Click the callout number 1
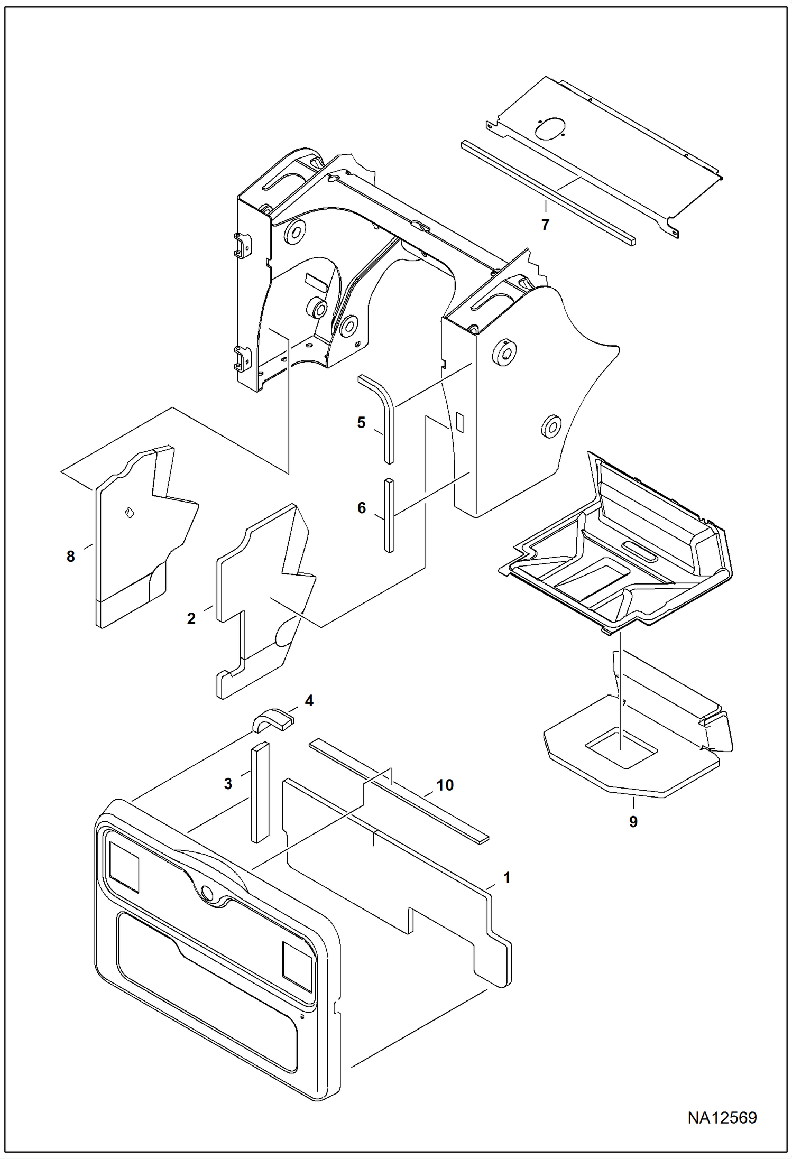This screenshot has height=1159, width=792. (x=506, y=878)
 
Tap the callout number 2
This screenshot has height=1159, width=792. (x=191, y=619)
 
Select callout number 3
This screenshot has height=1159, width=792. (x=228, y=784)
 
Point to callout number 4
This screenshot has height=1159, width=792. (x=309, y=701)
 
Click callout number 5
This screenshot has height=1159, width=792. (x=361, y=423)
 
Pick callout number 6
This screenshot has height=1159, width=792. (x=362, y=508)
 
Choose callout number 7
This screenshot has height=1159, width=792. (x=545, y=225)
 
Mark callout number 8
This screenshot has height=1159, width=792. (x=71, y=557)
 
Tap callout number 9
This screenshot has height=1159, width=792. (x=633, y=822)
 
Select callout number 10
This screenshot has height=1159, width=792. (x=445, y=785)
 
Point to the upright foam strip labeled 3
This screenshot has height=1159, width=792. (x=260, y=793)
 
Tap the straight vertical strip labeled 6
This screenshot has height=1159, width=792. (x=389, y=515)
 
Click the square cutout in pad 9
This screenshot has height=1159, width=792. (x=621, y=747)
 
